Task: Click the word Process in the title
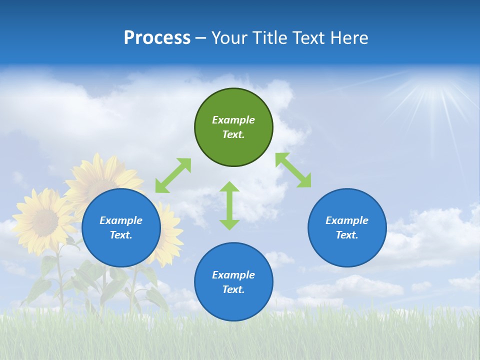coord(157,38)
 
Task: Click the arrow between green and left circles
coord(173,175)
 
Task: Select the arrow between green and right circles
coord(293,170)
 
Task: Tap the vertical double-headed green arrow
coord(229,205)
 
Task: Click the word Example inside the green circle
coord(233,120)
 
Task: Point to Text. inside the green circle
coord(233,134)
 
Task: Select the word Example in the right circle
coord(347,220)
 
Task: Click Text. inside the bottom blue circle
coord(233,289)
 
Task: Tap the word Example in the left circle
coord(121,220)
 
